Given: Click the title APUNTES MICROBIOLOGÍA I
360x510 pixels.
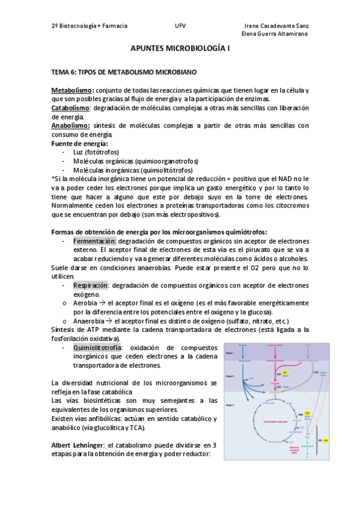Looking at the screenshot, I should click(180, 53).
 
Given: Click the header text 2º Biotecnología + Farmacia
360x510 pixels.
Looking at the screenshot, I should click(90, 26).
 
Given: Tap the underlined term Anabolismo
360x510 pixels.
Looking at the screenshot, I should click(70, 126).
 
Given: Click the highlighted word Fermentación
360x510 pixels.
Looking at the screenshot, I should click(94, 241).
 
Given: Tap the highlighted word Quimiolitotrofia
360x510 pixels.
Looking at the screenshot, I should click(97, 348).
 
